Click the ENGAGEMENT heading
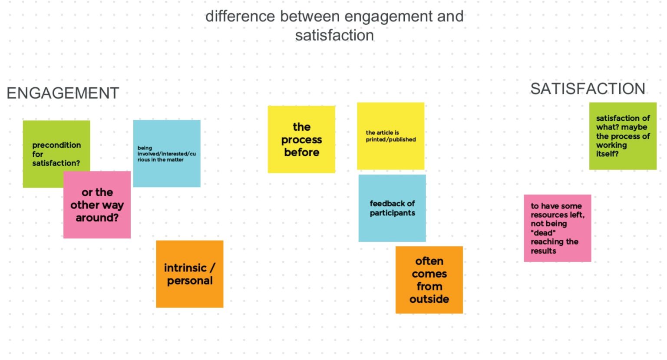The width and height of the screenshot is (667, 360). click(x=63, y=93)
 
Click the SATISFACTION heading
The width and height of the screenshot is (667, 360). click(x=588, y=89)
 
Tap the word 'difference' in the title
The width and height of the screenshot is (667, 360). click(x=240, y=17)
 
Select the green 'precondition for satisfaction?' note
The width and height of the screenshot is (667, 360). click(x=56, y=154)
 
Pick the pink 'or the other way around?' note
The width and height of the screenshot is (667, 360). click(x=97, y=205)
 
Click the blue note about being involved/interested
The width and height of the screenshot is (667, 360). click(x=167, y=154)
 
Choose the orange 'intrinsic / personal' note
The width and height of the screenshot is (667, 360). click(x=190, y=274)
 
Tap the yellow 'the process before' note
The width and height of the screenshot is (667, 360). click(x=301, y=139)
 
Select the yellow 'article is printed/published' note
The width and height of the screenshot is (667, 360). click(x=391, y=136)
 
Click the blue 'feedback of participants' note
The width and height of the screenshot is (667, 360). click(x=392, y=208)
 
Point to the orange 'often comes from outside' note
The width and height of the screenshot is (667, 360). click(x=429, y=280)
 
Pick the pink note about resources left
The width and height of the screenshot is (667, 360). click(x=558, y=228)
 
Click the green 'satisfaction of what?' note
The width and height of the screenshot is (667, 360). click(x=623, y=136)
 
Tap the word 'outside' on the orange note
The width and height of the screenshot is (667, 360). click(x=429, y=299)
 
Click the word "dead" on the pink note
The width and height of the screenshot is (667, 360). click(x=543, y=233)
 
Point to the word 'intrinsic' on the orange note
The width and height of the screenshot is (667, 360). click(x=185, y=268)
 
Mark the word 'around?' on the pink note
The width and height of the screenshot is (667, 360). click(x=97, y=218)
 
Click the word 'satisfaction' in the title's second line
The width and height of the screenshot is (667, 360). click(x=334, y=36)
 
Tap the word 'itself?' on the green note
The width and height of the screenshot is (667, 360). click(x=608, y=154)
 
